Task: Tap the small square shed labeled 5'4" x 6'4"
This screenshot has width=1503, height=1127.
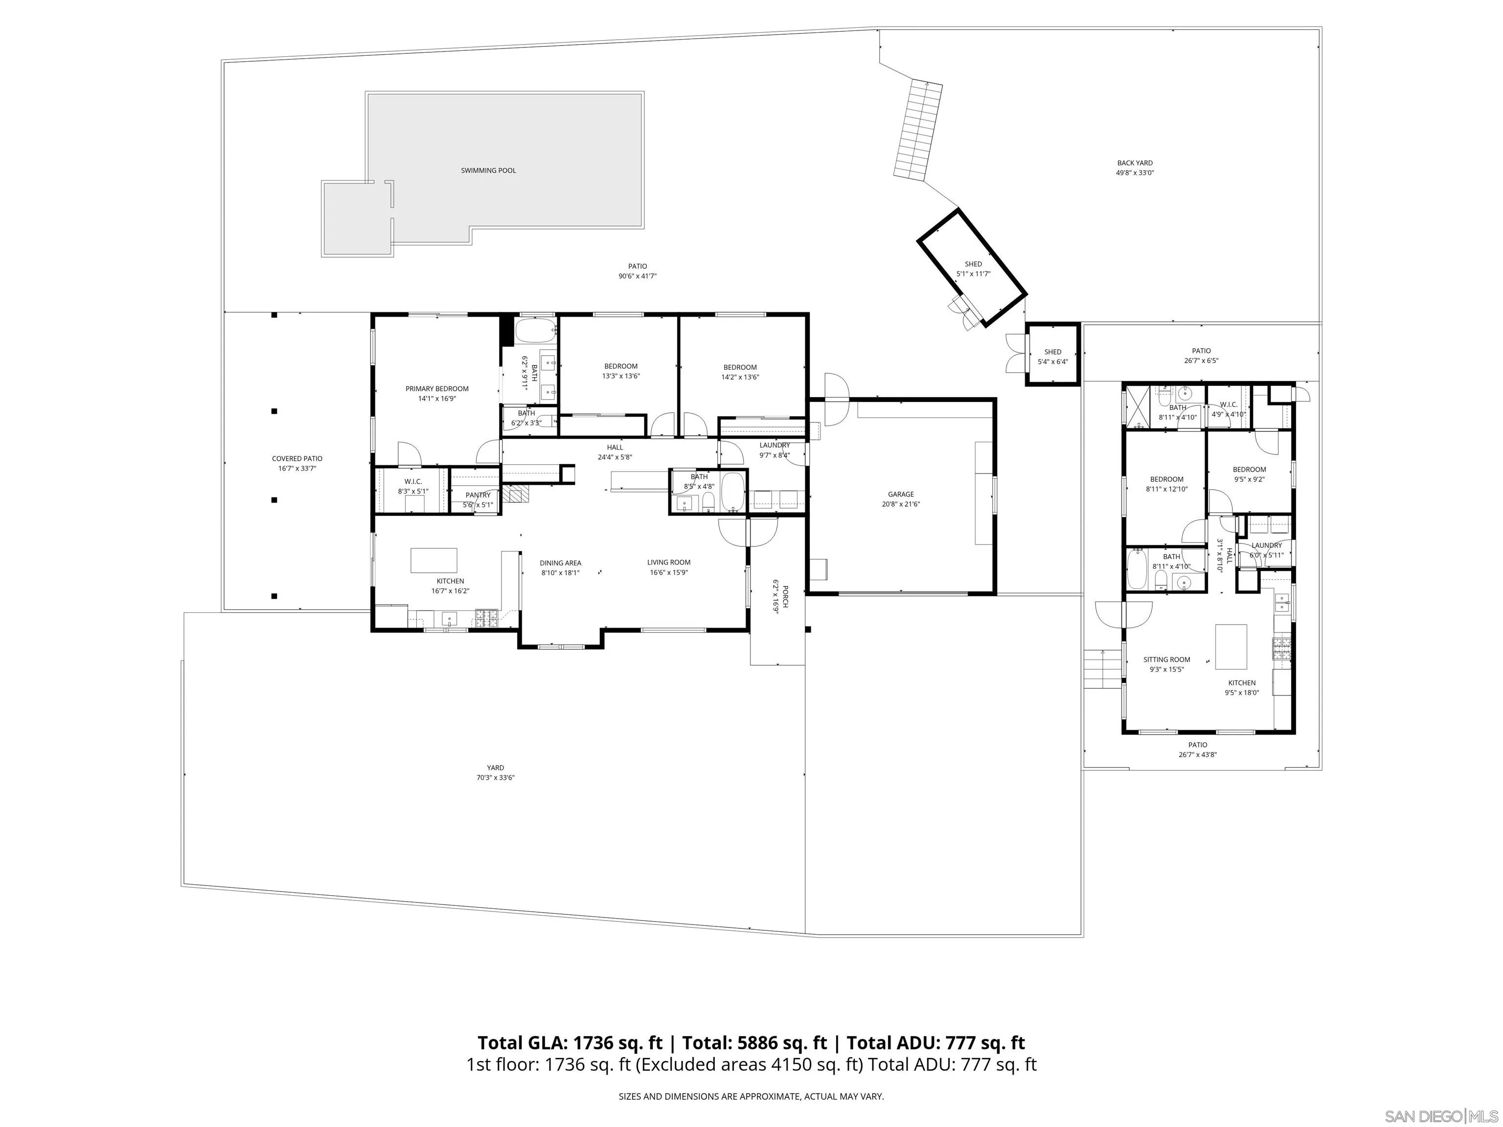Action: click(x=1052, y=355)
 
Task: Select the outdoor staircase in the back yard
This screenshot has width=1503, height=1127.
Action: click(x=918, y=129)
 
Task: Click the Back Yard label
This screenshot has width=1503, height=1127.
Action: click(x=1135, y=163)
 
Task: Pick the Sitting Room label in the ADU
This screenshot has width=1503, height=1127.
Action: click(x=1167, y=660)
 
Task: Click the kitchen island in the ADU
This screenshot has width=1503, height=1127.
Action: click(x=1230, y=647)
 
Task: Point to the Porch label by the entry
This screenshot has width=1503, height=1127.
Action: click(x=785, y=596)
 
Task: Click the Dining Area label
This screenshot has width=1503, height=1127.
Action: click(x=561, y=563)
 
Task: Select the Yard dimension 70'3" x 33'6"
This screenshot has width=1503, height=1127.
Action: click(x=495, y=778)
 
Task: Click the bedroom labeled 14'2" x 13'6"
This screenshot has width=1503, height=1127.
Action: click(x=740, y=372)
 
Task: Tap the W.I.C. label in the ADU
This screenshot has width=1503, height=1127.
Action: click(x=1229, y=405)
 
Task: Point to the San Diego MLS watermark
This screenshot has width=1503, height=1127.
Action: click(x=1440, y=1116)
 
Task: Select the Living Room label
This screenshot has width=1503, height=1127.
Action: click(x=669, y=563)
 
